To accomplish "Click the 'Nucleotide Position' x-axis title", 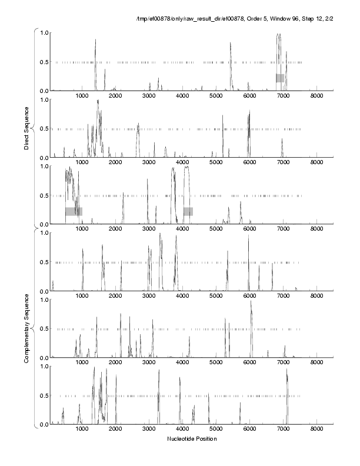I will point(192,439).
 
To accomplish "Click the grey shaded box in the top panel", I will point(280,78).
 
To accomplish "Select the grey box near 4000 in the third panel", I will point(188,211).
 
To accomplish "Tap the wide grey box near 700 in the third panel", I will point(74,211).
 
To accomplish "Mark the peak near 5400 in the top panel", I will point(231,44).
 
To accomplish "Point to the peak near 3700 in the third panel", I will point(174,171).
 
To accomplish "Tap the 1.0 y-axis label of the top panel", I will point(44,32).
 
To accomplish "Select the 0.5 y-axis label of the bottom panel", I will point(44,395).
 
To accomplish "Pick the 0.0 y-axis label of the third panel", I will point(44,224).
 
